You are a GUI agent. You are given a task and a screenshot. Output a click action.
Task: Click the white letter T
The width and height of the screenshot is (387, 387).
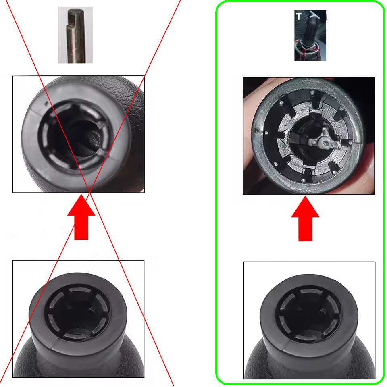tap(299, 16)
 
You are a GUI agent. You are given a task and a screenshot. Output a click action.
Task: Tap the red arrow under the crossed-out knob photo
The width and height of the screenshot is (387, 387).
tap(81, 217)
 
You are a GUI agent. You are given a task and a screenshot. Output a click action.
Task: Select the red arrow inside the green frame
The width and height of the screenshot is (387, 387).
tap(305, 218)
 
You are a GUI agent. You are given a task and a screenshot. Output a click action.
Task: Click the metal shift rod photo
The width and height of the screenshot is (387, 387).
tap(75, 35)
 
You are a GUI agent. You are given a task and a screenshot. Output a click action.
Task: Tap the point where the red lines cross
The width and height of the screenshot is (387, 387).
tap(89, 193)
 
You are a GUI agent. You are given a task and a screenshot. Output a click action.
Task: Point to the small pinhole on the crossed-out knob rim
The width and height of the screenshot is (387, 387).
tap(46, 104)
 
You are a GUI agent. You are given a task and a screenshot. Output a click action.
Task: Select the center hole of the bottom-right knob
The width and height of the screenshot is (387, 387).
tap(308, 316)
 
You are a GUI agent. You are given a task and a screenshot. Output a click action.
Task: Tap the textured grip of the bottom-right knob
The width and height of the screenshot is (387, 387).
tap(308, 365)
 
